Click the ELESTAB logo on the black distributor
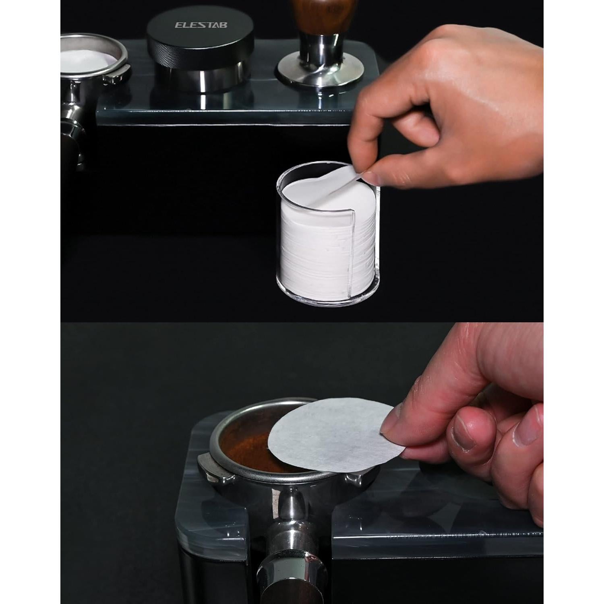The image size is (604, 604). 201,25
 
